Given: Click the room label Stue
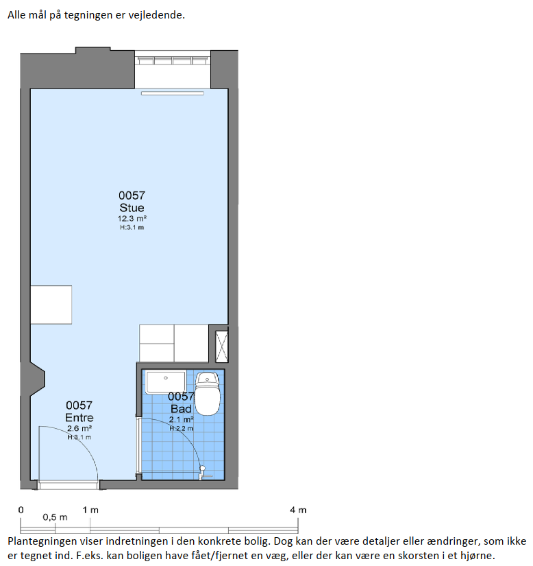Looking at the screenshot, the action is coord(132,208).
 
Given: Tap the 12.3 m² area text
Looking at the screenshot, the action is coord(132,218).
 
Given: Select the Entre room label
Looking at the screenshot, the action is coord(79,418).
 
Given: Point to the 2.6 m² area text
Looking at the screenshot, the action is coord(79,429).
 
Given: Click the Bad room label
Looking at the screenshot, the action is coord(181,409).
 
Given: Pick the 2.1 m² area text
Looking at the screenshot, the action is coord(182,419).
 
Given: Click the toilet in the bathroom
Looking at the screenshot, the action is coord(207,394).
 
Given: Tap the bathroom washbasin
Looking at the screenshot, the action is coord(166,382).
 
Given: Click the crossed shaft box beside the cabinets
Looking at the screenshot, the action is coord(222,346).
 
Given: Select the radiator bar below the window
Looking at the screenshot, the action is coord(173,93).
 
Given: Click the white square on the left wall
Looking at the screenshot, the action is coord(51,305).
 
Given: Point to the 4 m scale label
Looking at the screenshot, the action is coord(298,510).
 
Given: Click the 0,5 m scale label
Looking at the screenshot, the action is coord(55,517).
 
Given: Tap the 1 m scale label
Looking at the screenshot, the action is coord(90,510).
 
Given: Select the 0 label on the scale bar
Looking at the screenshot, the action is coord(21,510).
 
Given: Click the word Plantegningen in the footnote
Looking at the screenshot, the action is coord(44,542).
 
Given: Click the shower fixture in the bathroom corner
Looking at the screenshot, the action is coord(203,473).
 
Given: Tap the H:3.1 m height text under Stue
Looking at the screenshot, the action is coord(132,227).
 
